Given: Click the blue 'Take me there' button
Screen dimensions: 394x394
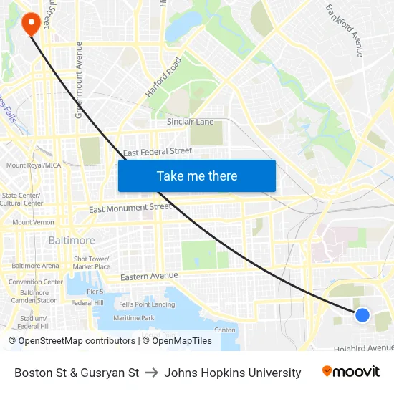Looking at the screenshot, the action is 197,176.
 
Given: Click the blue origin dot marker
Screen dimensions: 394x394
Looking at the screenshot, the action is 362,314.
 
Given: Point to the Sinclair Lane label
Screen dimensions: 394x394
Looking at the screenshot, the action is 191,122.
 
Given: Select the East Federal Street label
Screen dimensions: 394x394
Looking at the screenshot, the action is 158,152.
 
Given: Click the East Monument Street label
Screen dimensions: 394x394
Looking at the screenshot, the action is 130,208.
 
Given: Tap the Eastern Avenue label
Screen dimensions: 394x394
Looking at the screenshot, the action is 149,276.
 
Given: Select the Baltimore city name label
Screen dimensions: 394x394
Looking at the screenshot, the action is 72,241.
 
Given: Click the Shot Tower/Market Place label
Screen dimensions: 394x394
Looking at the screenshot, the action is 92,263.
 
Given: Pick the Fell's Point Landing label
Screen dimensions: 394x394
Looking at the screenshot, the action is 147,304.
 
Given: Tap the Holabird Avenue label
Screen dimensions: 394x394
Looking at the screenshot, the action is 364,348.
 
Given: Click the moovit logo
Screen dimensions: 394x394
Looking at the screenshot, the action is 350,372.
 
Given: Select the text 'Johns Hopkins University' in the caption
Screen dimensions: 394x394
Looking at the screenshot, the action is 233,373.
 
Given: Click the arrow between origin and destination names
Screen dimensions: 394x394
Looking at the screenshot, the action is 151,373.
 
